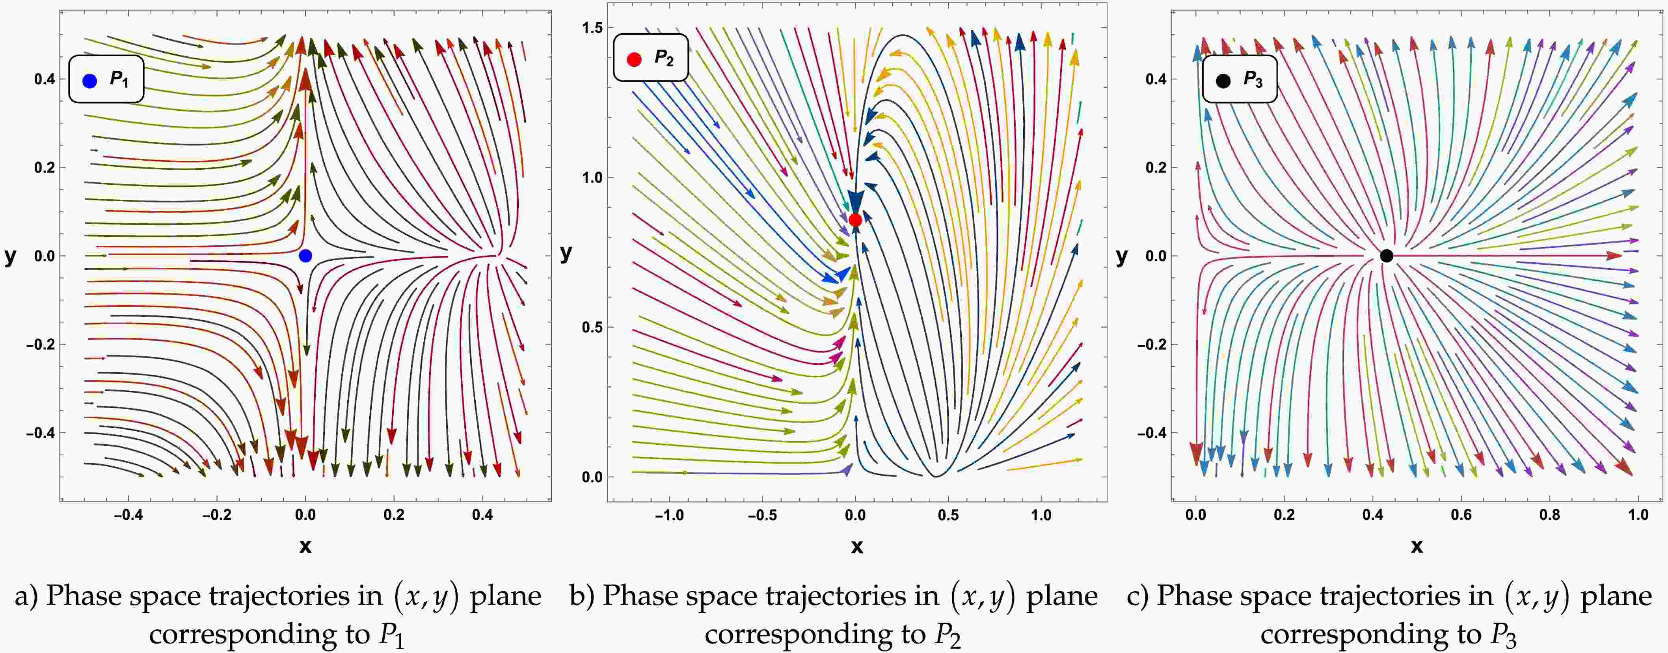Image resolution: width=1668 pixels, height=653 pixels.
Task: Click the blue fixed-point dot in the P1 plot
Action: pyautogui.click(x=305, y=256)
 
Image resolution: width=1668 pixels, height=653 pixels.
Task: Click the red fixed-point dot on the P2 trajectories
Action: pyautogui.click(x=855, y=220)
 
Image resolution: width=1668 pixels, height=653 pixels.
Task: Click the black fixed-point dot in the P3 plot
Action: pyautogui.click(x=1386, y=256)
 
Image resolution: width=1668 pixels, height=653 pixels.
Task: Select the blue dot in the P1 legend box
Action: pyautogui.click(x=90, y=81)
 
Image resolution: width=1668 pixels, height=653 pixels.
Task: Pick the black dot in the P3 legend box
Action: pyautogui.click(x=1223, y=81)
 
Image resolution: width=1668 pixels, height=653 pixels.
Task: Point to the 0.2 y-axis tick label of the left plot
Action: pyautogui.click(x=45, y=168)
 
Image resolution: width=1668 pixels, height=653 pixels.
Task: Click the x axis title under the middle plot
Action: pyautogui.click(x=857, y=547)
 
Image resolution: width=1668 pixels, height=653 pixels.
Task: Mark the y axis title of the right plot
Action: pyautogui.click(x=1121, y=257)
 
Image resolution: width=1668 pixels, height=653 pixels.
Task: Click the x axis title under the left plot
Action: pyautogui.click(x=305, y=547)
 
